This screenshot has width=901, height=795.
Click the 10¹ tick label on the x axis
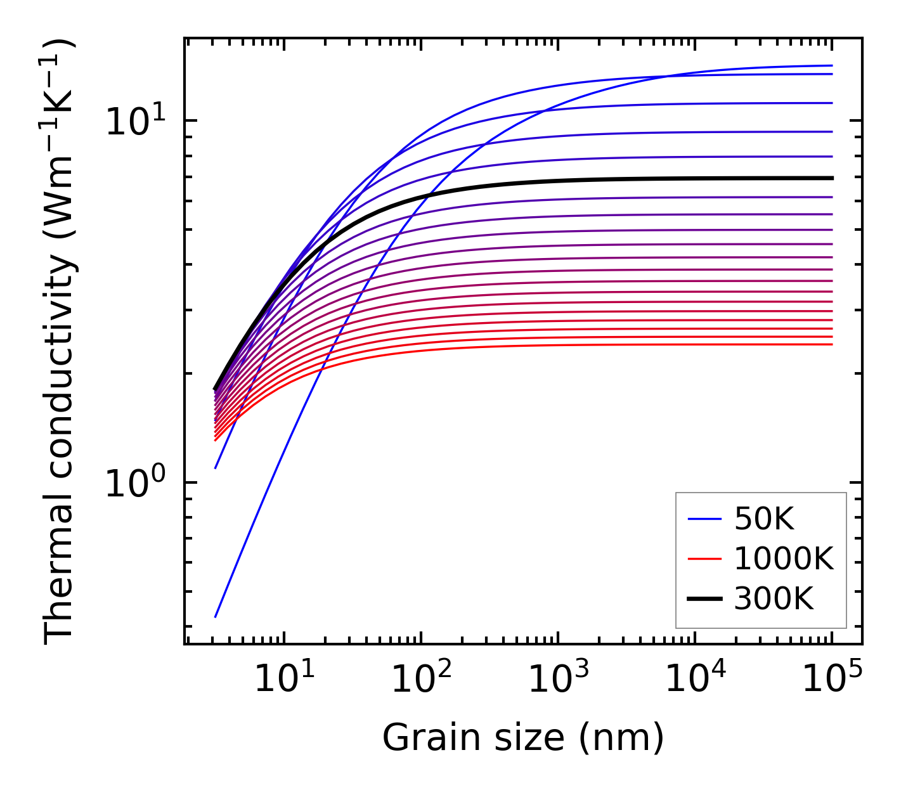pyautogui.click(x=283, y=680)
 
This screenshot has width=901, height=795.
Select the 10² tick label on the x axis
pyautogui.click(x=420, y=680)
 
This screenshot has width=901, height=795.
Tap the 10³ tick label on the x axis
pyautogui.click(x=558, y=680)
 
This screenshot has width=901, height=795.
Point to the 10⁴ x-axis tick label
pyautogui.click(x=695, y=680)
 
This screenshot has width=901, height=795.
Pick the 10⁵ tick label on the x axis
pyautogui.click(x=832, y=680)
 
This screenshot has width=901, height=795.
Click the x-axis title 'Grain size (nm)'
pyautogui.click(x=523, y=738)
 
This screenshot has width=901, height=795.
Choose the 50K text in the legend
pyautogui.click(x=764, y=520)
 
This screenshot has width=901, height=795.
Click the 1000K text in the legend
pyautogui.click(x=784, y=559)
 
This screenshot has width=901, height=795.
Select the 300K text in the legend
pyautogui.click(x=774, y=598)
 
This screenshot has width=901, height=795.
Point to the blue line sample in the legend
pyautogui.click(x=704, y=520)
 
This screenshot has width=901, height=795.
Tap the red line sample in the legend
pyautogui.click(x=704, y=559)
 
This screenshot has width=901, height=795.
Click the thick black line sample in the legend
pyautogui.click(x=704, y=598)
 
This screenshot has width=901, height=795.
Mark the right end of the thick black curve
pyautogui.click(x=831, y=178)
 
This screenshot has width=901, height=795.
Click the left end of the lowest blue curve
pyautogui.click(x=216, y=616)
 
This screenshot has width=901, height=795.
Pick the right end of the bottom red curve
pyautogui.click(x=831, y=344)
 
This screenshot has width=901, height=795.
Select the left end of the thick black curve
pyautogui.click(x=215, y=389)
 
